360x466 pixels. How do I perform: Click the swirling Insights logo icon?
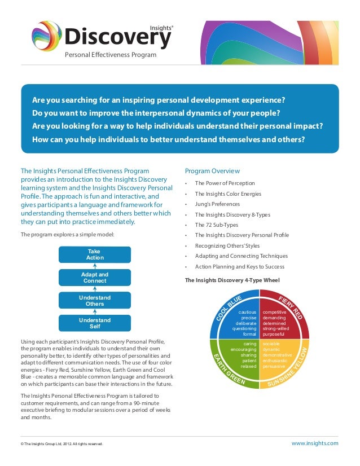coord(47,37)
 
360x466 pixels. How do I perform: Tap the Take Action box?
coord(95,254)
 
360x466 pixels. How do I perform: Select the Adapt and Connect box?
coord(95,278)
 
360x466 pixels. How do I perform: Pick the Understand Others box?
coord(95,301)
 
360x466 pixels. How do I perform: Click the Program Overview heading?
coord(212,171)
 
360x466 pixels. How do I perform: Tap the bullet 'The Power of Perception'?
coord(225,183)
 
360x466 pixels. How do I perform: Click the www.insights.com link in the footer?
coord(315,443)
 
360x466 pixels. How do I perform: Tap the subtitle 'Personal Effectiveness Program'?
coord(111,55)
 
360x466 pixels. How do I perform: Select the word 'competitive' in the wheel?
coord(275,311)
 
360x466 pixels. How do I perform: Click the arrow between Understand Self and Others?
coord(95,312)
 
